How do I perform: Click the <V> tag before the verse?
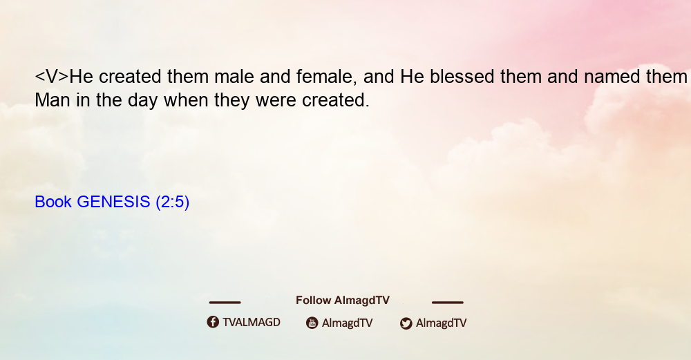(52, 77)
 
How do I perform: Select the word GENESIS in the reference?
(114, 202)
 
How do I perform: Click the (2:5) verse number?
(172, 202)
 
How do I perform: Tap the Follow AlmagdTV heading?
(343, 301)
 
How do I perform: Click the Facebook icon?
(213, 322)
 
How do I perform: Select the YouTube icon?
(312, 323)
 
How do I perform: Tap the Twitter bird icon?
(406, 323)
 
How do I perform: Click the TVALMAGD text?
(252, 323)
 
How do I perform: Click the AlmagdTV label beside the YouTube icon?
(348, 323)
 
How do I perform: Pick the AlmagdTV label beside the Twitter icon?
(441, 323)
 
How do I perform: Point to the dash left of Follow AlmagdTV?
(225, 302)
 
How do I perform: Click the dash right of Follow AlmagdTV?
(448, 302)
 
